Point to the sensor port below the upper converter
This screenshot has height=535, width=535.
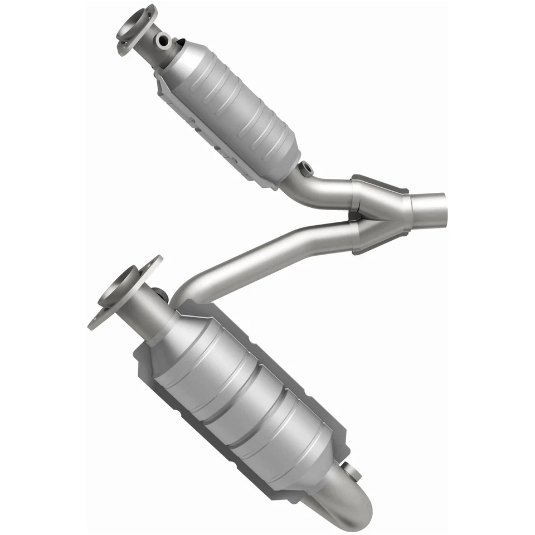(x=305, y=166)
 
